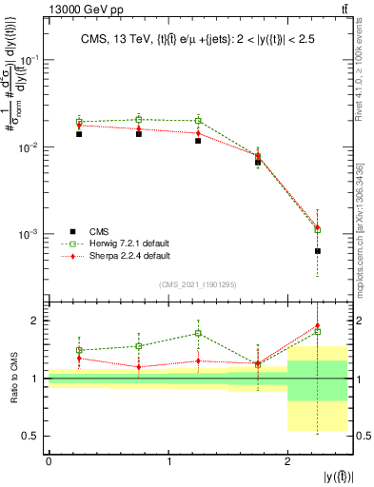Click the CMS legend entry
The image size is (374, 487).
[x=100, y=231]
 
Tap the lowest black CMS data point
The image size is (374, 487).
[x=317, y=251]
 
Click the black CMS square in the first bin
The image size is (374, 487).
[x=79, y=134]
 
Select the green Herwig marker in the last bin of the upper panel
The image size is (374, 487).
[x=317, y=229]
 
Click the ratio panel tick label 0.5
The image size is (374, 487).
[x=32, y=436]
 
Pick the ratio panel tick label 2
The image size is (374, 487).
[x=37, y=321]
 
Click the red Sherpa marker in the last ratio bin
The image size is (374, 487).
[x=317, y=325]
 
